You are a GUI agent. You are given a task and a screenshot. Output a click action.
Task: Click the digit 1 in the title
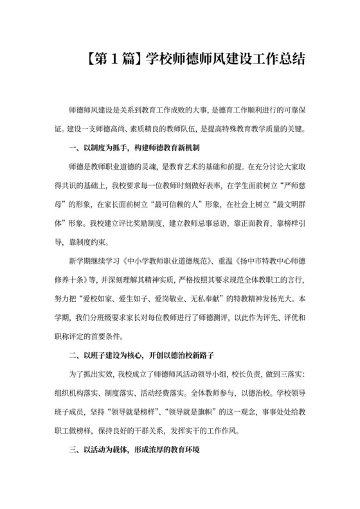coord(113,59)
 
